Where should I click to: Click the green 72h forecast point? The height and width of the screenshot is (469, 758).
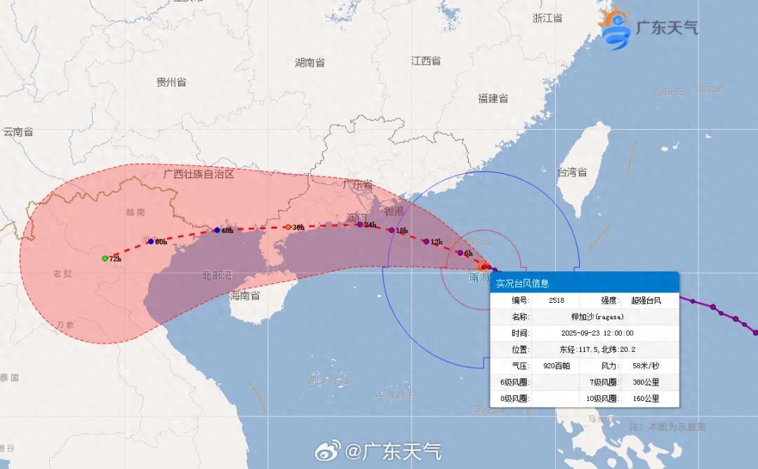[105, 259]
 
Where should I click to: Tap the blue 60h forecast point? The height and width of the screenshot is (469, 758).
[150, 241]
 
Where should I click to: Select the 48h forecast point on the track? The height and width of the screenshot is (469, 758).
[217, 230]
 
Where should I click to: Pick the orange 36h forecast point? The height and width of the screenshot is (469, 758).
[288, 227]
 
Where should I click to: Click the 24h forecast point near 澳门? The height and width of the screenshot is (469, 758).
[360, 224]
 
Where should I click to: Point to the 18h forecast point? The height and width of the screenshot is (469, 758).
[391, 230]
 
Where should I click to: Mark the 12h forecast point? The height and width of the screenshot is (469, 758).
[425, 242]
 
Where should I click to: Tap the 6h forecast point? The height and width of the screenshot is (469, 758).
[460, 252]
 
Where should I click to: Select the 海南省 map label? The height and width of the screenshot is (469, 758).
[245, 296]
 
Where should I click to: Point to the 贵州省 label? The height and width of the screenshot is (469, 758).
[171, 82]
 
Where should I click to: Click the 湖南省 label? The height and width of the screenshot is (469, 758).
[310, 63]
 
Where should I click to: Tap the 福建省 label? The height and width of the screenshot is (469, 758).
[493, 99]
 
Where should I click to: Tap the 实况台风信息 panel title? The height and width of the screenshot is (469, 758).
[522, 283]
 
